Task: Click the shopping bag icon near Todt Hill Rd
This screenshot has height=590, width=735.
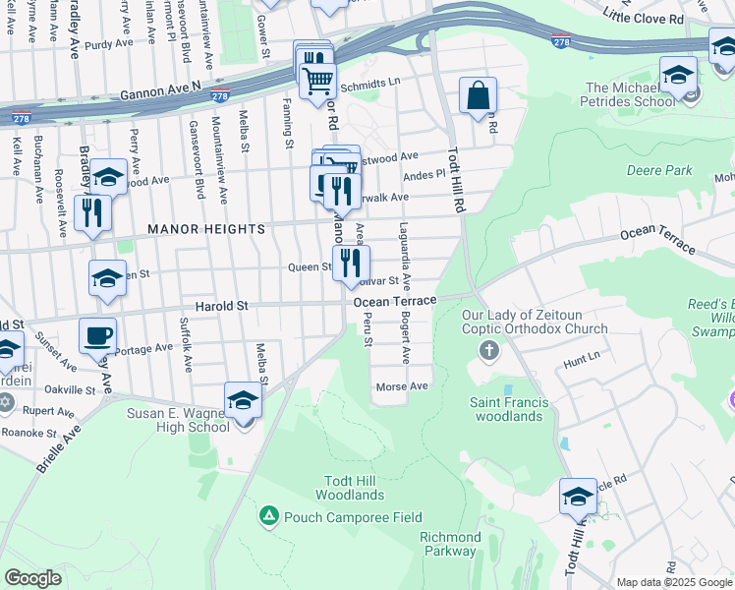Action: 478,96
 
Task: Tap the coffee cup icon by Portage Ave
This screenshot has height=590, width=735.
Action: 97,335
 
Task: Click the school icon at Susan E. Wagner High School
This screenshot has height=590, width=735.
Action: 243,400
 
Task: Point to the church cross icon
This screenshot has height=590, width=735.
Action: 488,351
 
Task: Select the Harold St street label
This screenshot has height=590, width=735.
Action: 220,306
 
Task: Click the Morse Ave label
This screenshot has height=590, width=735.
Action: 402,386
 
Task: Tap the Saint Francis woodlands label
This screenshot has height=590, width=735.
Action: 506,408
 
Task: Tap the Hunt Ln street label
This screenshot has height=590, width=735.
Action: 581,363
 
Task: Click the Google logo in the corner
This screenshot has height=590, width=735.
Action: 32,578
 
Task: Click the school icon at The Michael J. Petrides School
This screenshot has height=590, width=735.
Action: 678,75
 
